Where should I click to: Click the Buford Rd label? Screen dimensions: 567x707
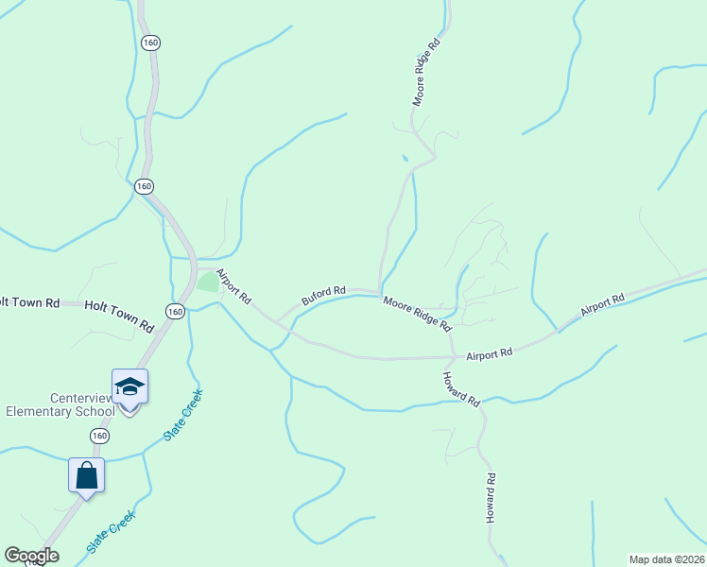pyautogui.click(x=324, y=296)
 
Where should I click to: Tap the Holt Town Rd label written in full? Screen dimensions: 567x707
pyautogui.click(x=119, y=316)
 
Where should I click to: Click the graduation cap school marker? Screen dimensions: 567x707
pyautogui.click(x=129, y=387)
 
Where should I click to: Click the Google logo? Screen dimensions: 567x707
pyautogui.click(x=31, y=556)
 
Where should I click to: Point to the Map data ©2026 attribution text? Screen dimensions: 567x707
pyautogui.click(x=666, y=559)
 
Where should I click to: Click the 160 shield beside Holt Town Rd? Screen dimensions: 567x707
pyautogui.click(x=174, y=311)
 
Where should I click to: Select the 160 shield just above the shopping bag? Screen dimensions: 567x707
pyautogui.click(x=99, y=436)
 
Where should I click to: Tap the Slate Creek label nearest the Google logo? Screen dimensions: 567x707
pyautogui.click(x=112, y=532)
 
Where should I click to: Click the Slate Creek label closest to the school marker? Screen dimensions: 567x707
pyautogui.click(x=183, y=416)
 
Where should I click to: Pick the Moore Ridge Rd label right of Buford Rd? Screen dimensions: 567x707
pyautogui.click(x=416, y=313)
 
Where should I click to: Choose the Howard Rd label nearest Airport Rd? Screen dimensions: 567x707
pyautogui.click(x=461, y=388)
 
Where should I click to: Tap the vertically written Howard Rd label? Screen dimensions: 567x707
pyautogui.click(x=491, y=499)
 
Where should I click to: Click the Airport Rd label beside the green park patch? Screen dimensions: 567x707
pyautogui.click(x=233, y=286)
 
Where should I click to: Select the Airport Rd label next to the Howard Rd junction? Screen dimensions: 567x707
pyautogui.click(x=489, y=352)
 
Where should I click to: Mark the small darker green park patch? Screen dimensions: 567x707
pyautogui.click(x=208, y=282)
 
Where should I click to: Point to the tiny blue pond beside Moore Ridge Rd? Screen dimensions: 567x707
pyautogui.click(x=405, y=158)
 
